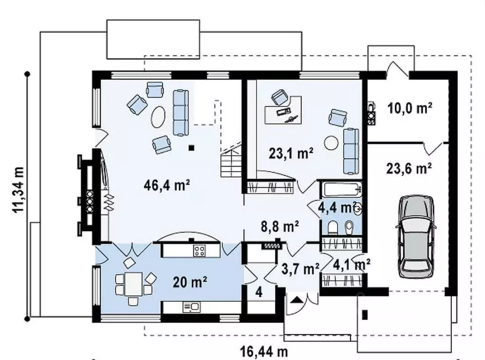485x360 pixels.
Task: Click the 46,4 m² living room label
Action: pos(167,185)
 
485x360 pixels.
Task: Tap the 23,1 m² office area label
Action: pos(291,153)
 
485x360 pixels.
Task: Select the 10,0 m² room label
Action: pos(410,108)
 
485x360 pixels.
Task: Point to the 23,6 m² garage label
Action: pos(409,169)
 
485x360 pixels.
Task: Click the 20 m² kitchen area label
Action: pos(190,282)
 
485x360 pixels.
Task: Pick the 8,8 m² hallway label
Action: pos(280,226)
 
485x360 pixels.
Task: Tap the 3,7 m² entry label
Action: pos(300,269)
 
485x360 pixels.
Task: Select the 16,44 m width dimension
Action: pos(264,351)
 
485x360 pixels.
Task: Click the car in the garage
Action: pos(416,236)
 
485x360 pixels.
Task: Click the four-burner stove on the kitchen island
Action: pos(199,251)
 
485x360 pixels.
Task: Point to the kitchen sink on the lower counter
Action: pos(192,307)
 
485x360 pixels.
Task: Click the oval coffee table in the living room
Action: pos(158,117)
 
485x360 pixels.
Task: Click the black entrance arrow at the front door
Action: pos(297,299)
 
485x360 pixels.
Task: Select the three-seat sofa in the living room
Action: pos(181,112)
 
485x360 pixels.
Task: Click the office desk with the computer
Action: pos(283,110)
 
